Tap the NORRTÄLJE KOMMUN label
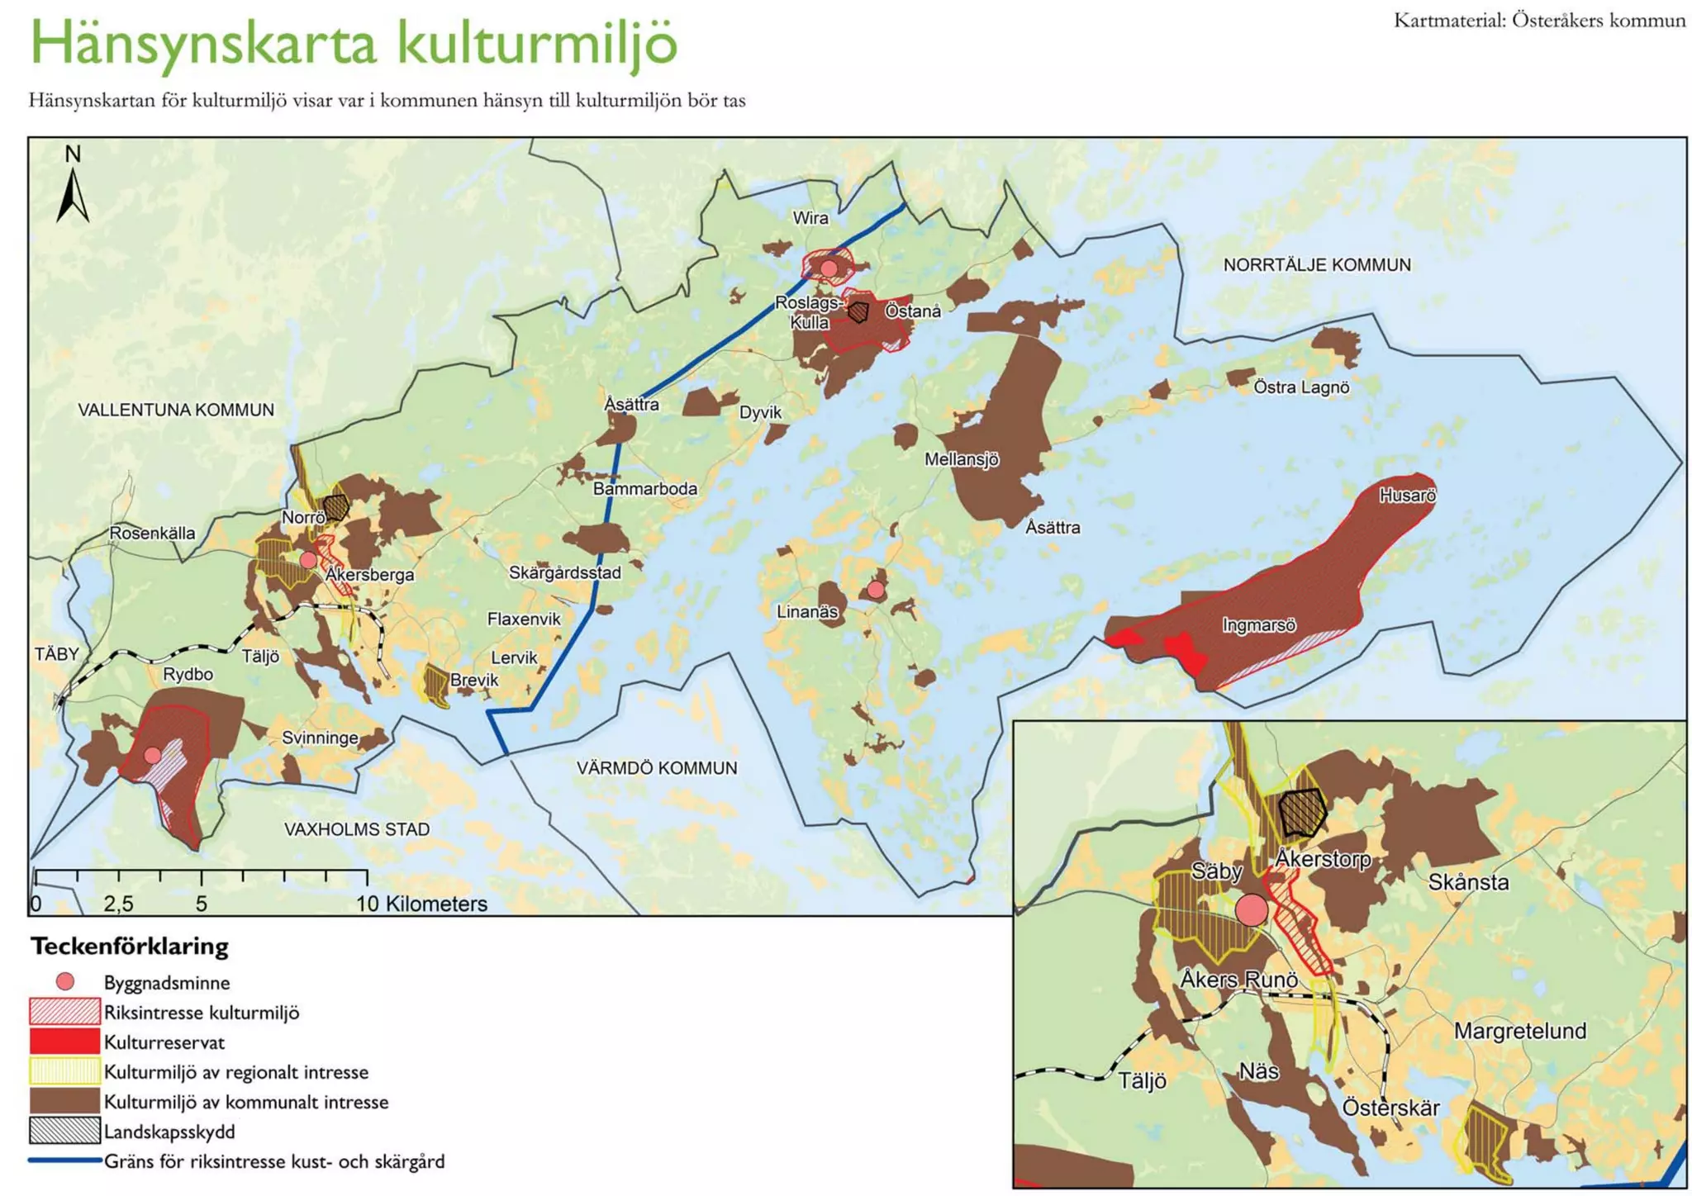tap(1316, 265)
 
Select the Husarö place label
tap(1407, 496)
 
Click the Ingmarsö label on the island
tap(1258, 625)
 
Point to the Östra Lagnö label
tap(1300, 387)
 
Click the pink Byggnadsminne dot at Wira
tap(829, 268)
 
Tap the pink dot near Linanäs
tap(875, 590)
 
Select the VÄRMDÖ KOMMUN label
tap(656, 768)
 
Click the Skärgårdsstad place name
tap(564, 573)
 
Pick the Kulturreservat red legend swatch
tap(64, 1042)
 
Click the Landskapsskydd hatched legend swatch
tap(64, 1131)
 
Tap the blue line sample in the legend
tap(64, 1160)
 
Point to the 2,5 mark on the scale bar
tap(118, 904)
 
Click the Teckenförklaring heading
tap(130, 946)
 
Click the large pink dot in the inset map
tap(1251, 909)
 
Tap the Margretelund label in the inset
tap(1519, 1031)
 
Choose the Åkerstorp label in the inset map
tap(1322, 859)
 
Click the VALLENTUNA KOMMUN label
tap(175, 410)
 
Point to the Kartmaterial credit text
tap(1539, 21)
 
